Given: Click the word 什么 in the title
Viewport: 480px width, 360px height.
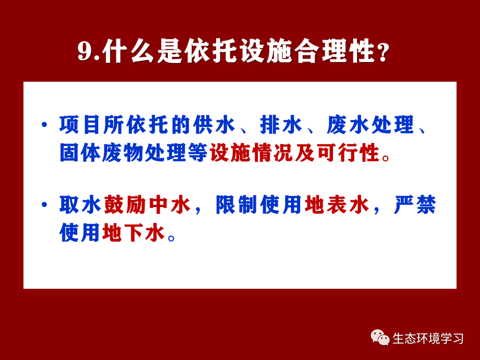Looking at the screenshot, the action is click(x=128, y=51).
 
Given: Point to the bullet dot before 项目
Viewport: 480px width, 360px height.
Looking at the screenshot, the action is click(x=44, y=124).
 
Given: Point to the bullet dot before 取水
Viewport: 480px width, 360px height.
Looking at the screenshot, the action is click(x=44, y=205).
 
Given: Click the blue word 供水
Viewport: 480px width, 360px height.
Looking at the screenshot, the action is click(x=214, y=124).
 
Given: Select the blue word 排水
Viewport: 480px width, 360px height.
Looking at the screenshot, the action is click(x=281, y=124).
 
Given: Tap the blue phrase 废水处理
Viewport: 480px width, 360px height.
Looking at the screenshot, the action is click(x=370, y=124).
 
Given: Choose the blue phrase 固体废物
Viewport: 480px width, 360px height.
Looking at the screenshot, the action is click(x=101, y=152).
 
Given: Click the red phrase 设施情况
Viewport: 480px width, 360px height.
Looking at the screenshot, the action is click(x=251, y=152).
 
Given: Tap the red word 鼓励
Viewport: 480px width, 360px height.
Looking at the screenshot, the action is click(x=125, y=205).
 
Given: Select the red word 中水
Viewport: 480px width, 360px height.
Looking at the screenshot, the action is click(x=170, y=205).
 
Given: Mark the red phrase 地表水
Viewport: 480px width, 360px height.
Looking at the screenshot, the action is click(x=337, y=205).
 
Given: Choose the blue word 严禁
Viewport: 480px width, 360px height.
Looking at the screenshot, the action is click(x=415, y=205).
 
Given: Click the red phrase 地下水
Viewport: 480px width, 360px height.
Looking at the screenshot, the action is click(x=133, y=232).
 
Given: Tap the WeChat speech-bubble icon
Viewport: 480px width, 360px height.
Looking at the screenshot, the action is click(x=380, y=337).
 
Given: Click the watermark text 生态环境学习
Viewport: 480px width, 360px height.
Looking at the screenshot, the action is click(x=428, y=338).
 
